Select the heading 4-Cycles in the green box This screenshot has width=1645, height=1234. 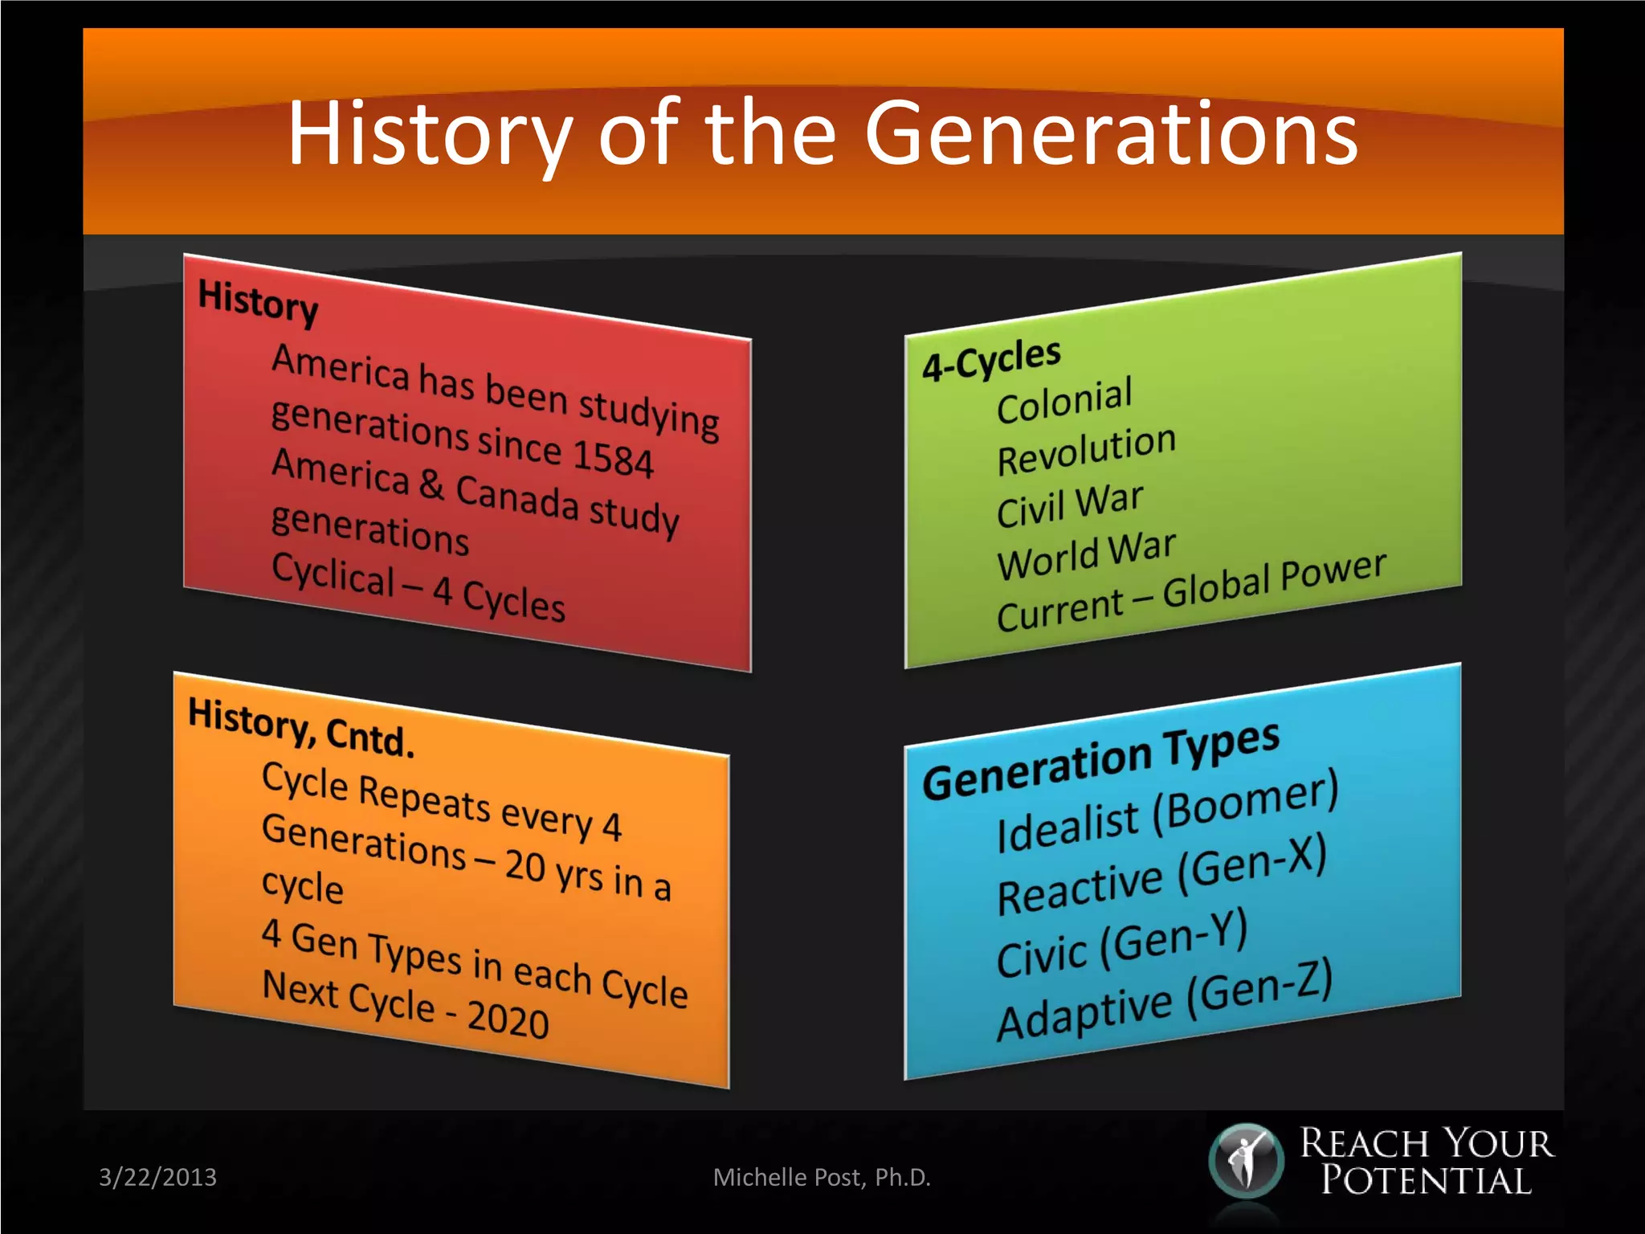[x=991, y=359]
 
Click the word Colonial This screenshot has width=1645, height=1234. [x=1064, y=400]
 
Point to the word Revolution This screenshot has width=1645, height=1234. [x=1086, y=451]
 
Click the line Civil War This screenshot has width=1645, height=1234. [x=1069, y=505]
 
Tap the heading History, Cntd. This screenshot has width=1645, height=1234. [x=300, y=727]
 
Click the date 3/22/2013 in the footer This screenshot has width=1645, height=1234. [x=157, y=1177]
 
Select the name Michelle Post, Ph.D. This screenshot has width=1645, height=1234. [x=822, y=1177]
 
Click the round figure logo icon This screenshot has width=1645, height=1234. [x=1246, y=1161]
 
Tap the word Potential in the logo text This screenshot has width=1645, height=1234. [x=1427, y=1181]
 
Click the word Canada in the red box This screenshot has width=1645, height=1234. [x=516, y=497]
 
